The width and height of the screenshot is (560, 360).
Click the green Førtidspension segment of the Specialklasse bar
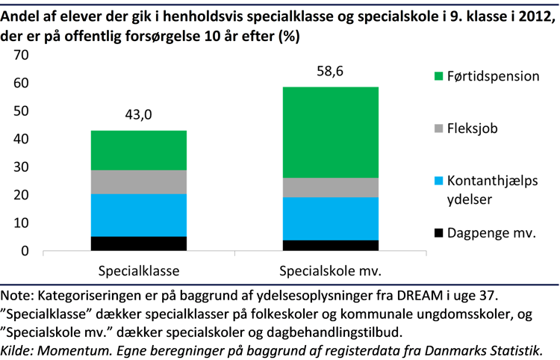pyautogui.click(x=139, y=150)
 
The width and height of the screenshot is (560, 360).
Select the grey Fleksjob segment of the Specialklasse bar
pyautogui.click(x=139, y=181)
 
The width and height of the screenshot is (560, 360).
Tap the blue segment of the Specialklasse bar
pyautogui.click(x=139, y=215)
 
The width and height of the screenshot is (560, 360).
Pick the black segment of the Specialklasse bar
pyautogui.click(x=139, y=243)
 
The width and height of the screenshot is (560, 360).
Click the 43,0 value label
pyautogui.click(x=139, y=116)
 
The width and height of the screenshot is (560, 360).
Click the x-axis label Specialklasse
pyautogui.click(x=139, y=270)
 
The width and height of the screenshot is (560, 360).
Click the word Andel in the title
pyautogui.click(x=22, y=12)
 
